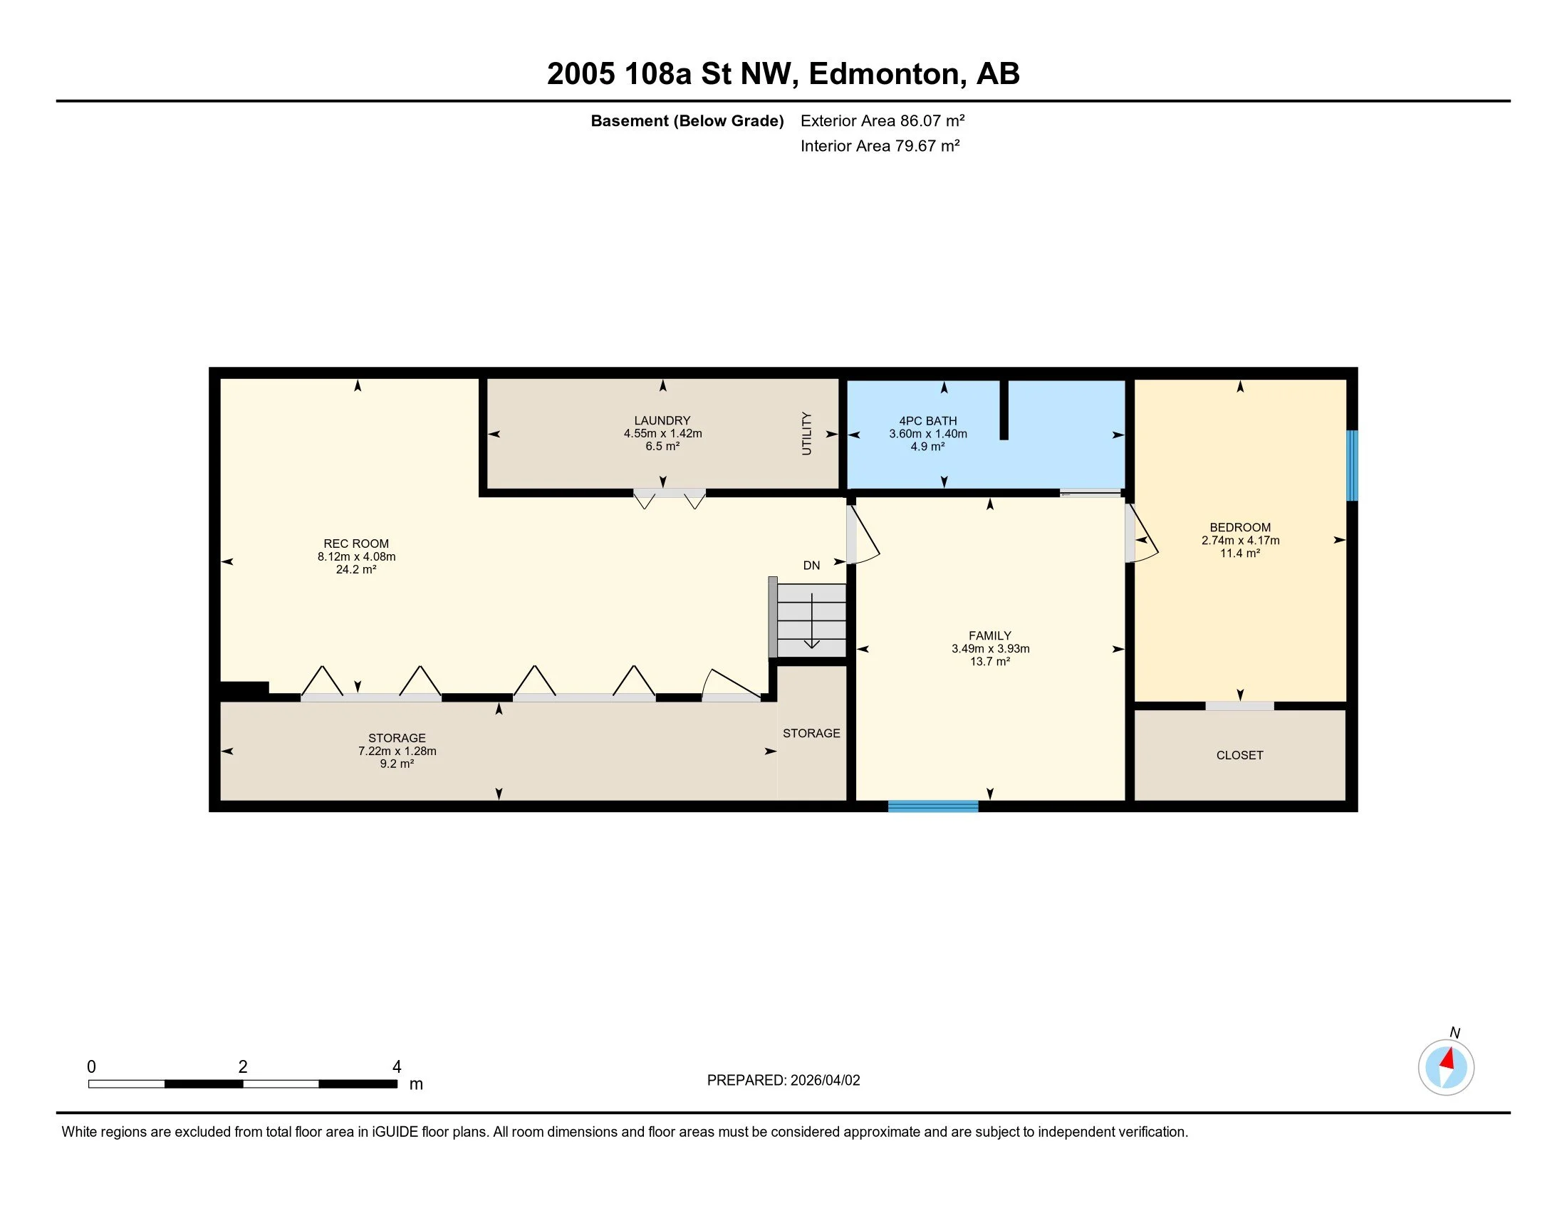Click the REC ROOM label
tap(356, 544)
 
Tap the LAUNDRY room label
tap(662, 420)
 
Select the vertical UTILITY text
tap(806, 433)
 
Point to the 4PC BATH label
tap(927, 421)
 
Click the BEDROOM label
tap(1240, 527)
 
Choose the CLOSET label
tap(1240, 754)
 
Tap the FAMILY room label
tap(990, 635)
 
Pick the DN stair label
tap(811, 566)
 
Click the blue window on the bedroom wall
tap(1352, 465)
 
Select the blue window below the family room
tap(933, 806)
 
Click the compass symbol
tap(1446, 1067)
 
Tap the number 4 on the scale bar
tap(397, 1067)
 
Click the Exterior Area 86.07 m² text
tap(883, 120)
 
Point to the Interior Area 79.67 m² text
tap(880, 145)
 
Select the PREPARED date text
tap(783, 1081)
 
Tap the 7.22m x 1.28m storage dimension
tap(397, 751)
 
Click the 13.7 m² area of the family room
tap(990, 662)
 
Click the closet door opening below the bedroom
tap(1240, 706)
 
